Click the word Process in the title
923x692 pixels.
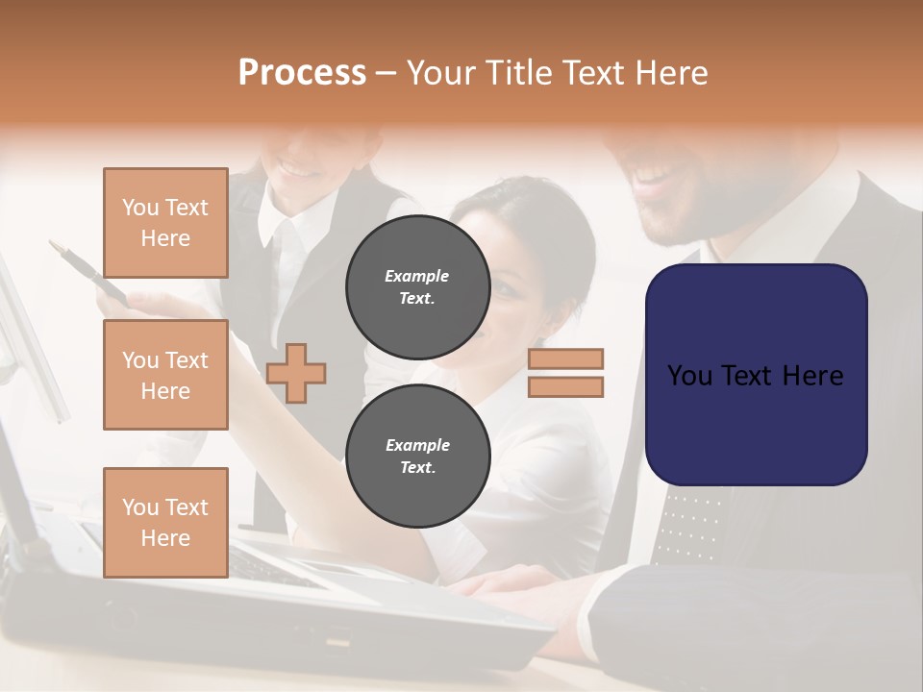pyautogui.click(x=302, y=73)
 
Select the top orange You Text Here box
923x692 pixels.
pyautogui.click(x=165, y=223)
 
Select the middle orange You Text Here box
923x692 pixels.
pyautogui.click(x=165, y=375)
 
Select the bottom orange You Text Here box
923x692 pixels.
pyautogui.click(x=165, y=522)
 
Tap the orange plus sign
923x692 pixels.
pyautogui.click(x=296, y=373)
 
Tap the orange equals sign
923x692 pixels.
pyautogui.click(x=565, y=373)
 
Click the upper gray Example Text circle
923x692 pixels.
pyautogui.click(x=417, y=286)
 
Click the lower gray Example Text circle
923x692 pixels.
pyautogui.click(x=417, y=456)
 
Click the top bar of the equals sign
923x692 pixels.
pyautogui.click(x=565, y=359)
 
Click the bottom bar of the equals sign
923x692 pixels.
pyautogui.click(x=565, y=386)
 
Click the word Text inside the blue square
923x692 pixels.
pyautogui.click(x=756, y=376)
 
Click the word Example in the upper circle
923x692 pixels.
pyautogui.click(x=417, y=276)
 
